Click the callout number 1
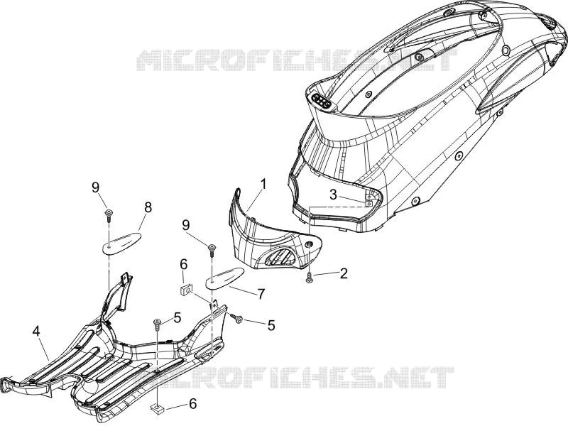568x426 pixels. (263, 184)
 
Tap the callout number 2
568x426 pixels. (343, 273)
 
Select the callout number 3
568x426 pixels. (333, 195)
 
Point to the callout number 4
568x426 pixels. (36, 332)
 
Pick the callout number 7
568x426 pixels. (261, 293)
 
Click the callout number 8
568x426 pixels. (148, 207)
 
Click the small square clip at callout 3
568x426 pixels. (368, 204)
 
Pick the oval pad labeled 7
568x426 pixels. (224, 278)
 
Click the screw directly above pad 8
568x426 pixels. (109, 215)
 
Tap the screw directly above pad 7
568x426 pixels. (212, 251)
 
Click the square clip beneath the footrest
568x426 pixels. (156, 409)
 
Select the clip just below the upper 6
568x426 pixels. (186, 290)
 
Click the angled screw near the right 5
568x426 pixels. (237, 318)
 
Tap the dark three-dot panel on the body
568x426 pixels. (322, 100)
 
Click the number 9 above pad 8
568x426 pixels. (95, 187)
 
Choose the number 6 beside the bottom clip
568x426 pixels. (192, 403)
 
